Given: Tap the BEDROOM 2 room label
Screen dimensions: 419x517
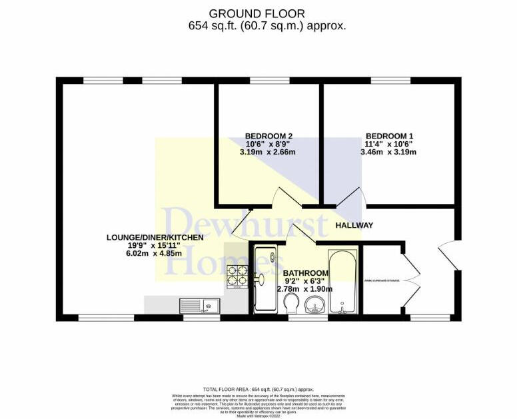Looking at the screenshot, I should (x=268, y=136).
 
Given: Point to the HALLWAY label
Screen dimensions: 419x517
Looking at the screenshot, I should (x=354, y=225).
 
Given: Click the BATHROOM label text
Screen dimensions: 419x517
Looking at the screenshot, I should (x=306, y=273).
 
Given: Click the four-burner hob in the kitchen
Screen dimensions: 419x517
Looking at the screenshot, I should (x=237, y=277).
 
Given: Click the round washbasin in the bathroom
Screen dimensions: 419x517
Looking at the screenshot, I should (x=313, y=307).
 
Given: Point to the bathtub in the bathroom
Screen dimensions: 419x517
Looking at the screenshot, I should (x=343, y=282).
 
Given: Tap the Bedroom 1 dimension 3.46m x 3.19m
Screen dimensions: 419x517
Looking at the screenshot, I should (x=389, y=152).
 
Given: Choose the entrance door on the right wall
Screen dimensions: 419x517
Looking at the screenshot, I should (x=449, y=256).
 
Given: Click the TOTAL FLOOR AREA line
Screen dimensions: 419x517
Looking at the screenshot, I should (x=258, y=389).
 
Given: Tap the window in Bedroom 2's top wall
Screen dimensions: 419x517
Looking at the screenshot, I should (x=269, y=81).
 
